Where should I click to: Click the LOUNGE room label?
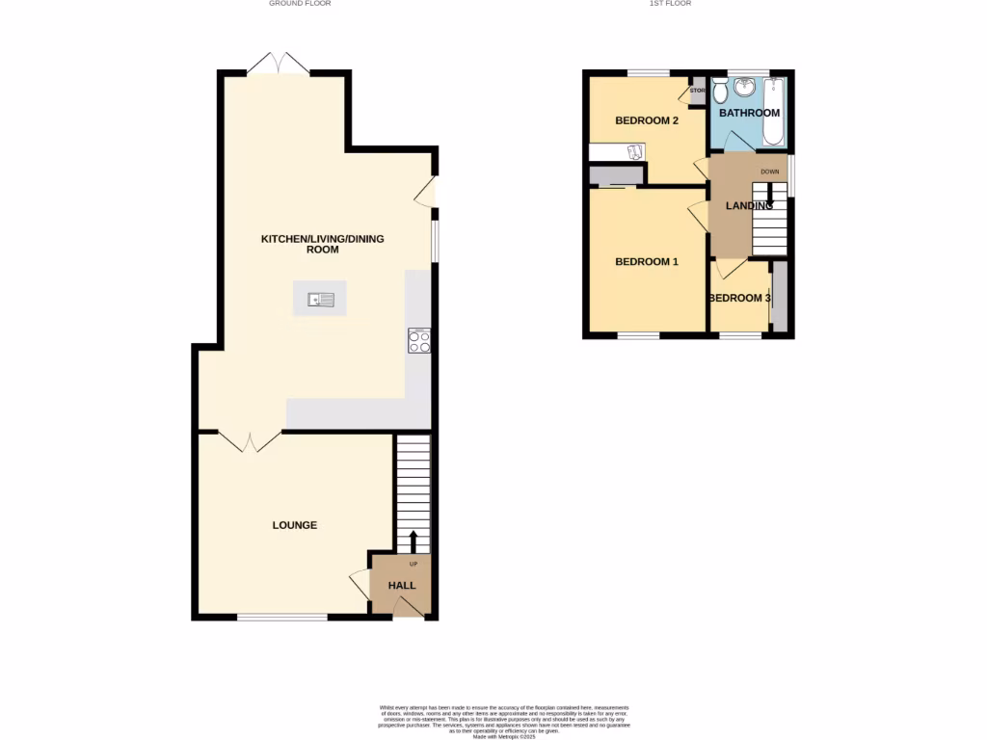295,525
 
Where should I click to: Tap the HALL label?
402,585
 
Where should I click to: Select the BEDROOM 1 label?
647,261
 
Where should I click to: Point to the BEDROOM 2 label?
647,120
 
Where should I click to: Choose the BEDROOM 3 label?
739,298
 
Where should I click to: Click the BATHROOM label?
749,113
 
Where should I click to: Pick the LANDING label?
749,205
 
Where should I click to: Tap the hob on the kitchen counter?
419,340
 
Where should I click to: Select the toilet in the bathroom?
720,92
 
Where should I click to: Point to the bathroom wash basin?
744,88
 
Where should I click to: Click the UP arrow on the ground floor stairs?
413,541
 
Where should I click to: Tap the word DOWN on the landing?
769,172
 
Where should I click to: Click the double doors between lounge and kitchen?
250,441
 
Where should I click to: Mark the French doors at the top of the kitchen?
278,65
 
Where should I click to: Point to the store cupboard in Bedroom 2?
697,92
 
